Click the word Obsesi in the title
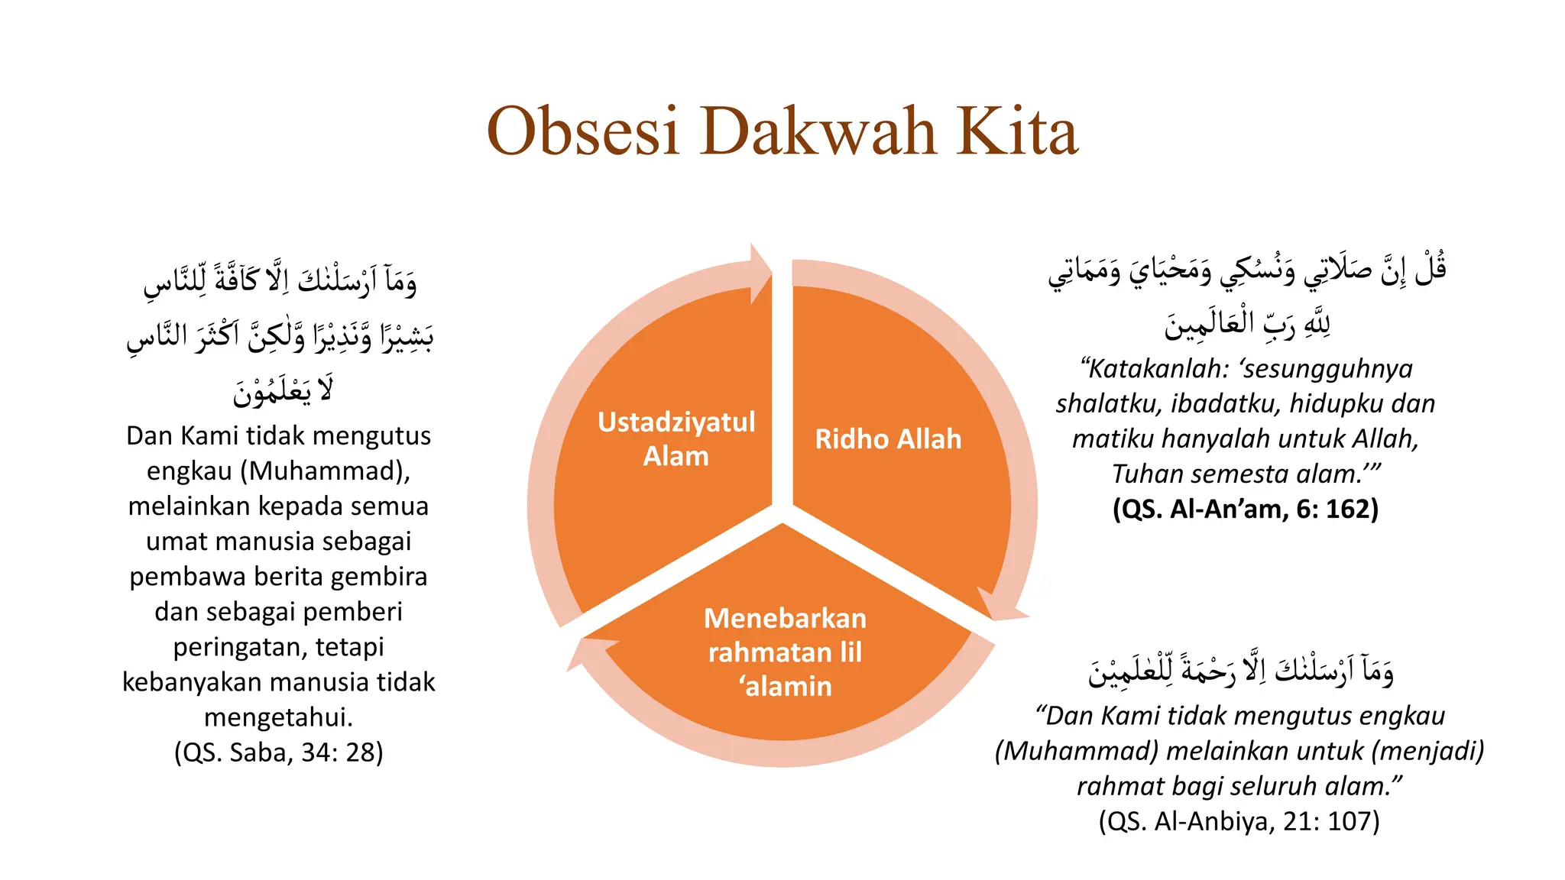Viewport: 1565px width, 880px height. [x=582, y=131]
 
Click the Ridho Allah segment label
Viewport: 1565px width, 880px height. [x=888, y=439]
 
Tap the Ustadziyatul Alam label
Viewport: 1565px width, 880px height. [x=676, y=438]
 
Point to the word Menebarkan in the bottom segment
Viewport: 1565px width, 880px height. [x=785, y=618]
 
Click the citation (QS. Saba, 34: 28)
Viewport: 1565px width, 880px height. [x=278, y=752]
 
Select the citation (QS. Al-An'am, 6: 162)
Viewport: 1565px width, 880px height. [x=1245, y=509]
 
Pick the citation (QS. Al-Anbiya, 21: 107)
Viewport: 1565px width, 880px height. [x=1239, y=821]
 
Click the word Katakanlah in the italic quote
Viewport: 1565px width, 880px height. [x=1158, y=369]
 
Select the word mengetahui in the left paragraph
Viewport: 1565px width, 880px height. [x=278, y=717]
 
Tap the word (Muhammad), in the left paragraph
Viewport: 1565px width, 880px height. [x=326, y=471]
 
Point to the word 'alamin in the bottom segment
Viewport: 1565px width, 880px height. [x=785, y=687]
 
